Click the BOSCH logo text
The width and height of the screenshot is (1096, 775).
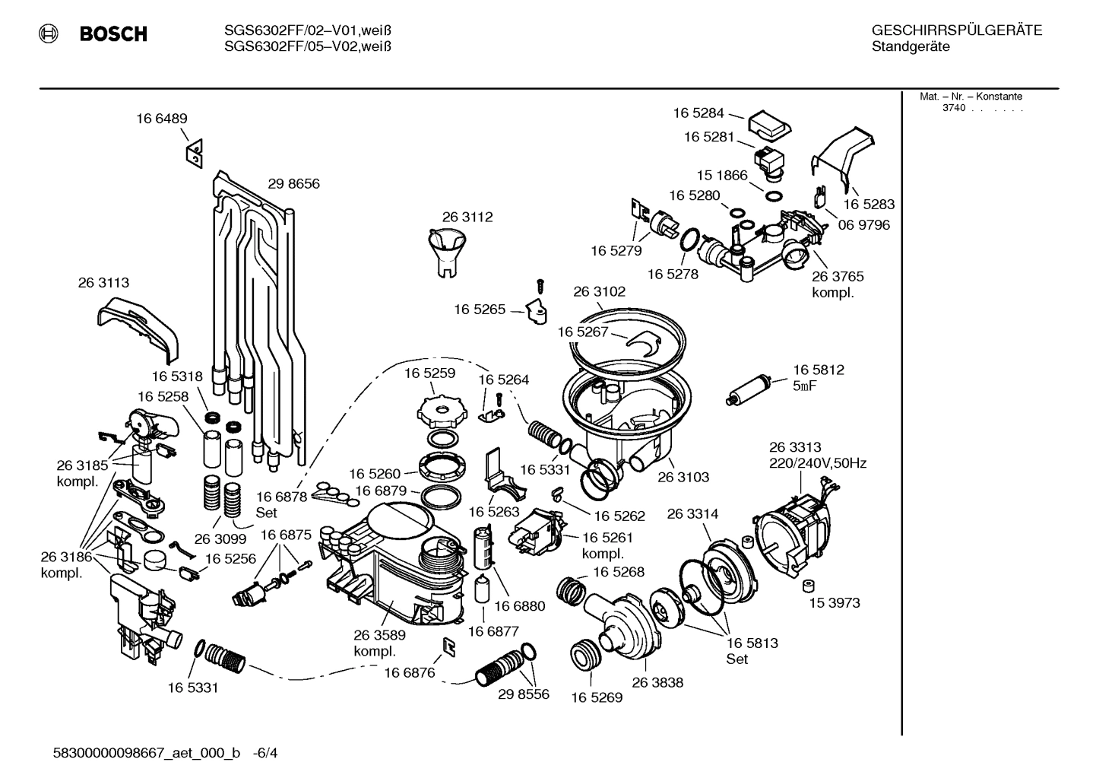(x=113, y=34)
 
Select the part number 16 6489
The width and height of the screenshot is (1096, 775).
(x=162, y=119)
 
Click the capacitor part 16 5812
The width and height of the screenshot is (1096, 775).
(x=749, y=389)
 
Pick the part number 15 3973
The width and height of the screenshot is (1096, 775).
(x=834, y=603)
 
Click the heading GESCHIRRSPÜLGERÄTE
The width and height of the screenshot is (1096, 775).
(x=957, y=30)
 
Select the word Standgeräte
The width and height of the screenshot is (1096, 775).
(x=910, y=47)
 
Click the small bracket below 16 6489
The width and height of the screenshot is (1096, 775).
(x=194, y=153)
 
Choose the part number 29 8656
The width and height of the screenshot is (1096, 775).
(x=293, y=184)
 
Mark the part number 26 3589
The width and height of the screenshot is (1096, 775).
(x=379, y=635)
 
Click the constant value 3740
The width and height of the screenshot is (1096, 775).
(x=953, y=108)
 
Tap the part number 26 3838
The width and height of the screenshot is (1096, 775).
(x=657, y=682)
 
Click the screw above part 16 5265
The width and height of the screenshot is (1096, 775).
(x=540, y=286)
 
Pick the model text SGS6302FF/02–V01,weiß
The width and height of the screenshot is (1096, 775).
(x=308, y=30)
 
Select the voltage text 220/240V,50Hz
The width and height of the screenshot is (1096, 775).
(x=818, y=463)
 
